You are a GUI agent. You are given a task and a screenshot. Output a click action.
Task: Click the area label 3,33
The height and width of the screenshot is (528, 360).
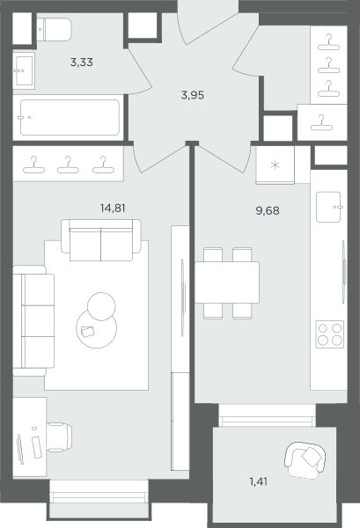pyautogui.click(x=82, y=62)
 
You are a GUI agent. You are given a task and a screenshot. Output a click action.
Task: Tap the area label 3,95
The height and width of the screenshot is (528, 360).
pyautogui.click(x=193, y=95)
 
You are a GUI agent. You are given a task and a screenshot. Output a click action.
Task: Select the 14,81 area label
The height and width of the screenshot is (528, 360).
pyautogui.click(x=113, y=208)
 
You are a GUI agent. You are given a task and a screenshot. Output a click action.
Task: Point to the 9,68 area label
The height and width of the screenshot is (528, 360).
pyautogui.click(x=268, y=210)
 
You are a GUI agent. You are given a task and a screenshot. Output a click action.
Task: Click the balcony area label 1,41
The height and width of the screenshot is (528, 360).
pyautogui.click(x=259, y=481)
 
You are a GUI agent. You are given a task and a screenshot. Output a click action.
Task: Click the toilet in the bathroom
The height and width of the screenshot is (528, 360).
pyautogui.click(x=54, y=29)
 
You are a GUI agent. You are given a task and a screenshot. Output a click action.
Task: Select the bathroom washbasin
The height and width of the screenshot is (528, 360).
pyautogui.click(x=24, y=70)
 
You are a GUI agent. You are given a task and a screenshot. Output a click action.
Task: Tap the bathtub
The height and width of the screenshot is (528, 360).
pyautogui.click(x=69, y=118)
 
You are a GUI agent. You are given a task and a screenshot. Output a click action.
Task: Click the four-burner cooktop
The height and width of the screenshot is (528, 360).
pyautogui.click(x=330, y=334)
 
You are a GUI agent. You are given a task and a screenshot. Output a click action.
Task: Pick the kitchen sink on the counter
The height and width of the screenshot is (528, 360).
pyautogui.click(x=328, y=207)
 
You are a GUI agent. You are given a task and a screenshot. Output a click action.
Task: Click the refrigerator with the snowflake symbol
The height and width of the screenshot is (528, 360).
pyautogui.click(x=276, y=165)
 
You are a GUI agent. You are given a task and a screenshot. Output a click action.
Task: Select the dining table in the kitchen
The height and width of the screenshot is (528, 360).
pyautogui.click(x=227, y=282)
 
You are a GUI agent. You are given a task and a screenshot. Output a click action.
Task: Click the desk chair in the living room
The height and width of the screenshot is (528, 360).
pyautogui.click(x=59, y=437)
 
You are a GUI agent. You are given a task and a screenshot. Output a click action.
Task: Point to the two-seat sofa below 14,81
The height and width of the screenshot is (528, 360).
pyautogui.click(x=101, y=240)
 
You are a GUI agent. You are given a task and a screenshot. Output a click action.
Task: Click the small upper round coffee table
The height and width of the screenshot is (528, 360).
pyautogui.click(x=101, y=306)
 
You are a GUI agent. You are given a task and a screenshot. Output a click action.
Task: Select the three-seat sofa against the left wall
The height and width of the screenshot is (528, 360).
pyautogui.click(x=33, y=320)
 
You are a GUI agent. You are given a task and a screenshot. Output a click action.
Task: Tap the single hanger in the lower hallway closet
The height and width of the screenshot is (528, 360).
pyautogui.click(x=321, y=123)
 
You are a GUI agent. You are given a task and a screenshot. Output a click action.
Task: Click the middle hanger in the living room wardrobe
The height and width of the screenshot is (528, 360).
pyautogui.click(x=68, y=165)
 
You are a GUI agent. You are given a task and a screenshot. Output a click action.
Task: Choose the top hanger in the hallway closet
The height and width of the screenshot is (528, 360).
pyautogui.click(x=328, y=41)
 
